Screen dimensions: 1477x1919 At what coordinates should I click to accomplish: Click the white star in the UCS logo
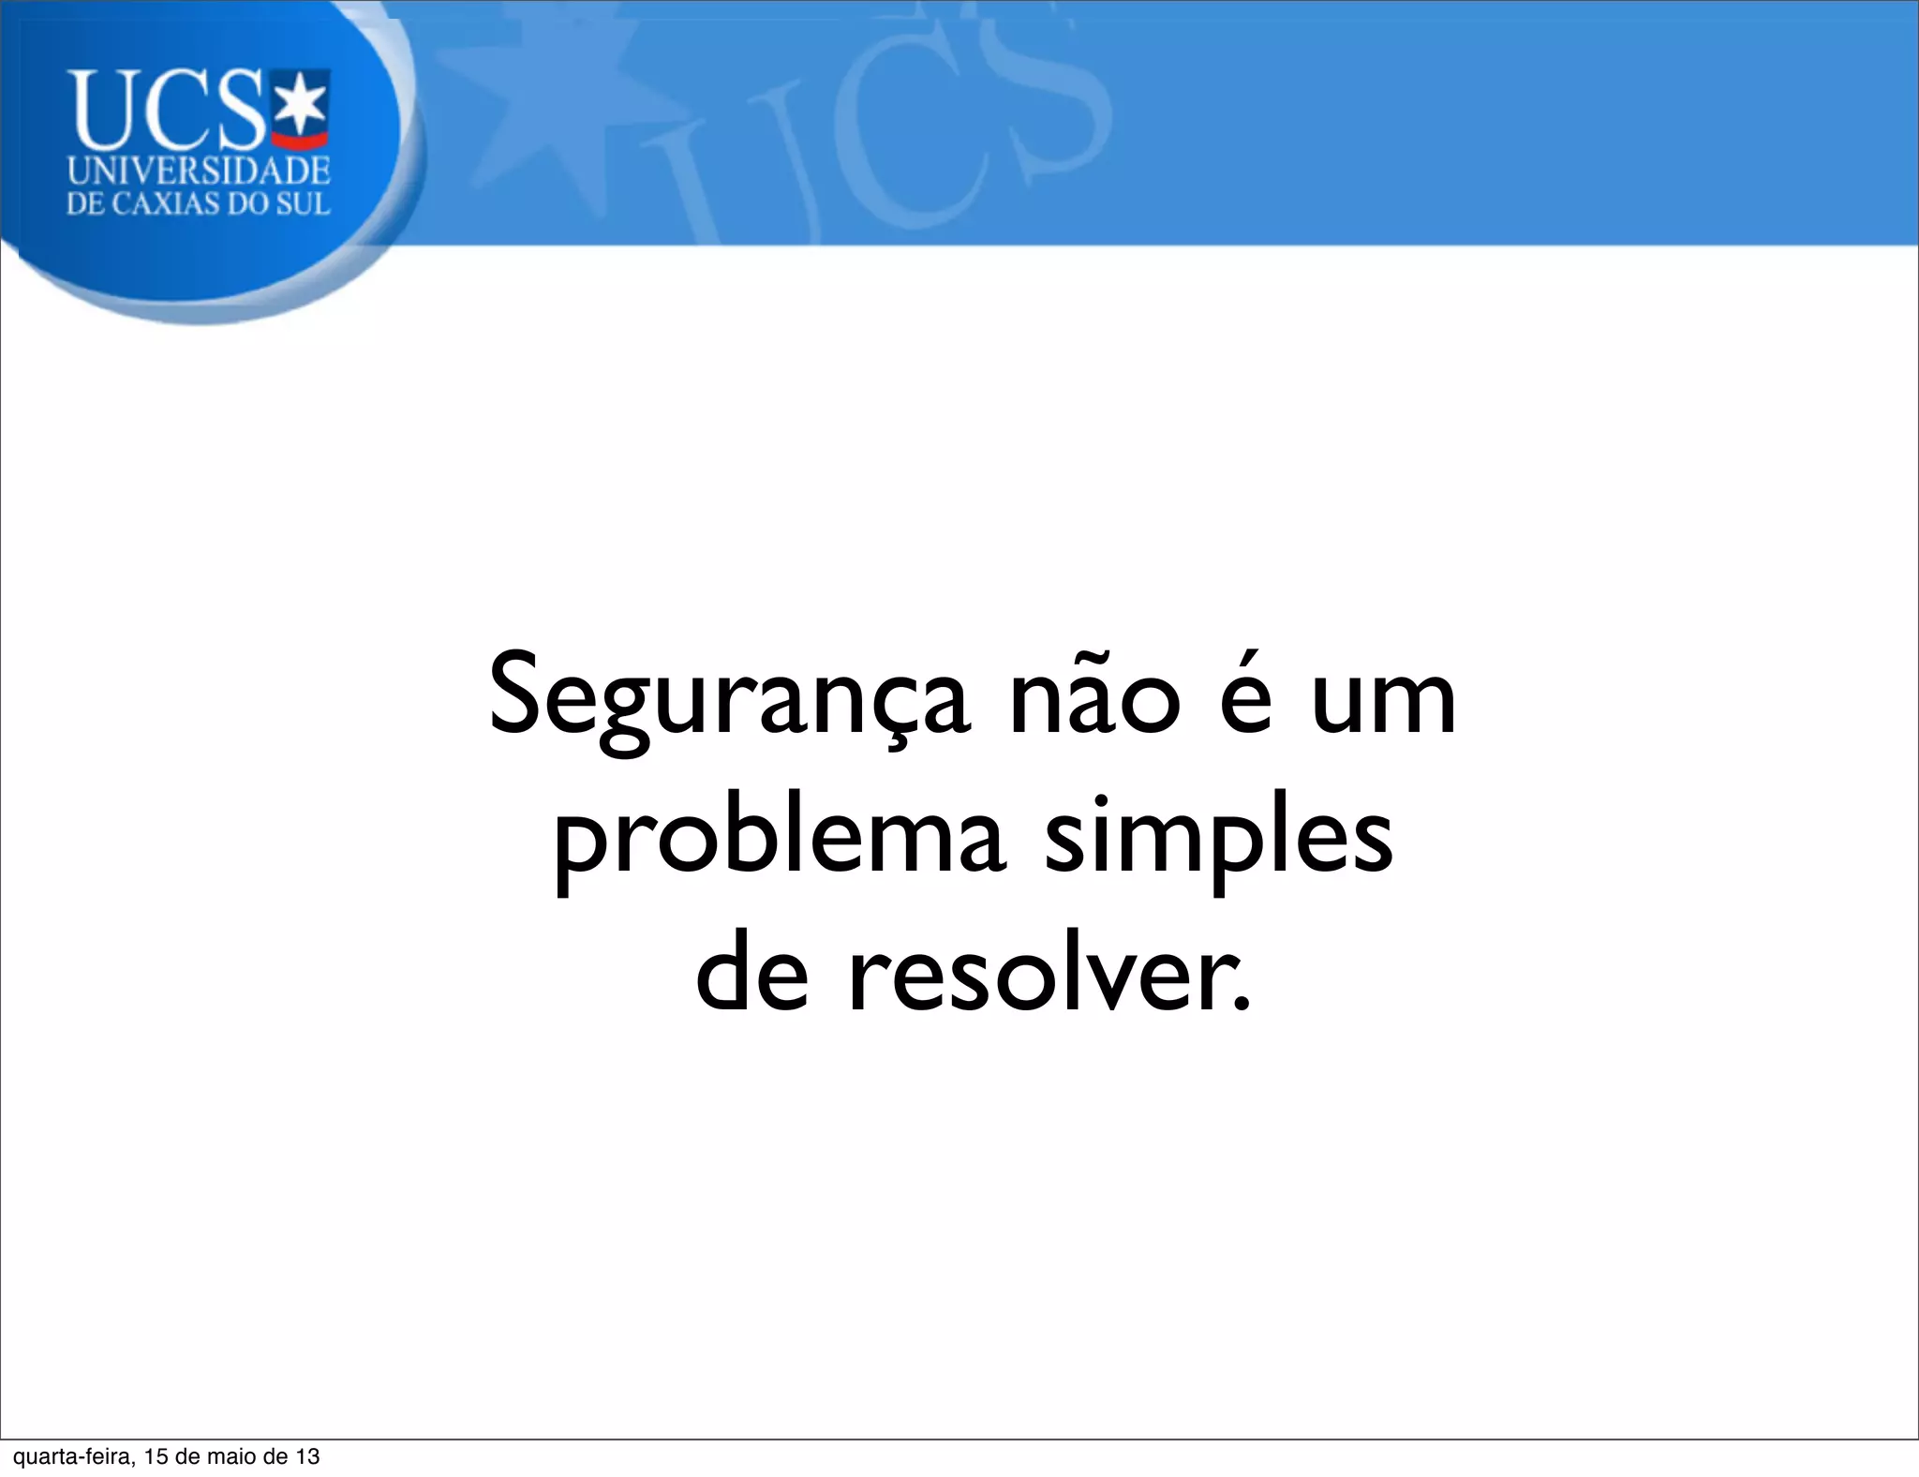tap(300, 104)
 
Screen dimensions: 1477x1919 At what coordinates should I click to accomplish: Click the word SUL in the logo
tap(302, 204)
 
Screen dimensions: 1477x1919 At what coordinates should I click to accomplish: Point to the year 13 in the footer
tap(307, 1456)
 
